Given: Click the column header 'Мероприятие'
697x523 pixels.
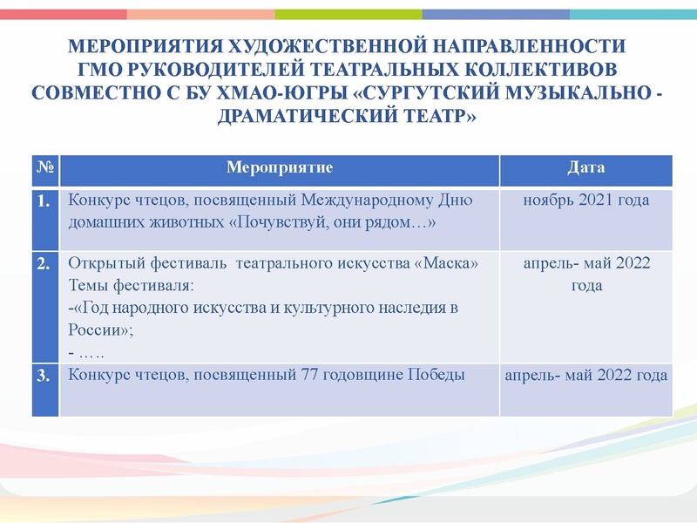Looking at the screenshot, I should tap(280, 167).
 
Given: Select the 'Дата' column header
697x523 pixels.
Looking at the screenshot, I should tap(585, 167).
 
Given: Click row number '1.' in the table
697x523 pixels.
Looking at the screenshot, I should tap(43, 201).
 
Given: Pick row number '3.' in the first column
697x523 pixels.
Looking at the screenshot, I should tap(43, 376).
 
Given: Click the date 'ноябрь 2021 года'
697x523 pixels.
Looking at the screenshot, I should tap(585, 200).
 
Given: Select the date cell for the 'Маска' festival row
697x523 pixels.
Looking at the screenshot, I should tap(585, 275).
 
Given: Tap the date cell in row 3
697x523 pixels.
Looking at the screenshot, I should tap(585, 376).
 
